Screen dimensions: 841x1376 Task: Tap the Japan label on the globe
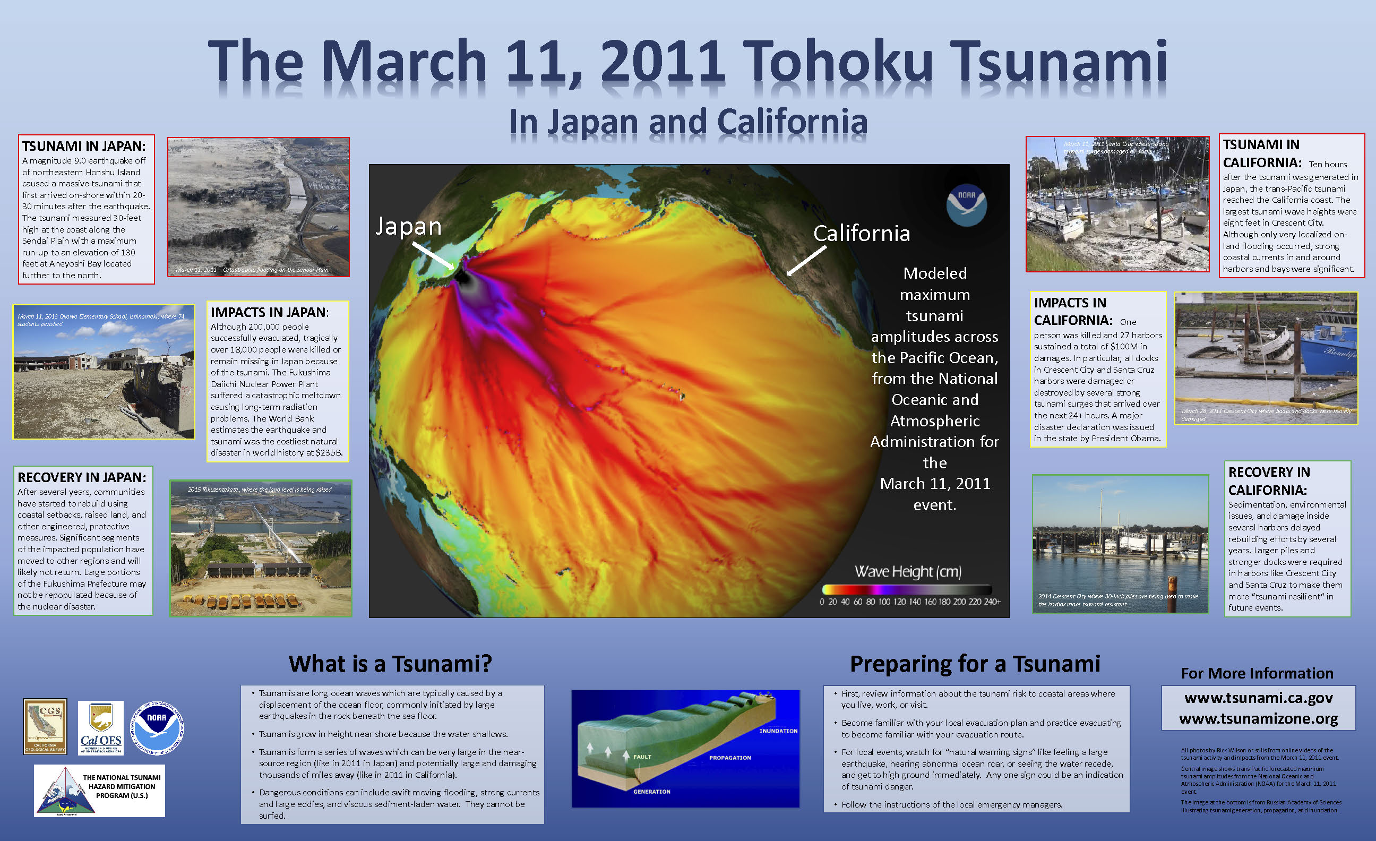pos(408,226)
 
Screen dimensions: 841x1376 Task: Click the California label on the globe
pos(861,234)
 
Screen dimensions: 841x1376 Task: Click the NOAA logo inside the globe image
pos(966,205)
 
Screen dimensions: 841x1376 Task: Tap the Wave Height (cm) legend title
pos(907,571)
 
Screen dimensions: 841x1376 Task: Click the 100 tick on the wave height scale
pos(884,602)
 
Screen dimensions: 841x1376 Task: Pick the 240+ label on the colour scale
pos(992,602)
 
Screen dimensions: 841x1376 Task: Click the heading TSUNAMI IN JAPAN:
pos(84,147)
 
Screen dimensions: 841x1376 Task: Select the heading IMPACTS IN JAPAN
pos(269,312)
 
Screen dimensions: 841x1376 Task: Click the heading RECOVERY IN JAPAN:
pos(82,477)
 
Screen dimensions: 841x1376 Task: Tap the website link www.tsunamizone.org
pos(1258,718)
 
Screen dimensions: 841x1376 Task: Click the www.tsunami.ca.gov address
pos(1258,698)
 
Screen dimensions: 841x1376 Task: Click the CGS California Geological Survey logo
pos(45,726)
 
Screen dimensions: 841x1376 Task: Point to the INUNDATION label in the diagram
pos(778,731)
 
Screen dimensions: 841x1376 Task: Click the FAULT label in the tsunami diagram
pos(642,757)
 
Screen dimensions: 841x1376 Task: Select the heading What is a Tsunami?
pos(390,664)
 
